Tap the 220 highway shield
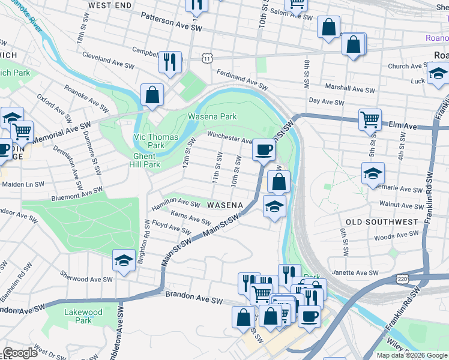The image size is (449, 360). tap(403, 279)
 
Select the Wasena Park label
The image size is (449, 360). tap(212, 116)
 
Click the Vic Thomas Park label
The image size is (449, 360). tap(155, 141)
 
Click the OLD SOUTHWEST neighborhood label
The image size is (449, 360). tap(382, 222)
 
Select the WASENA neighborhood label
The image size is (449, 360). tap(224, 205)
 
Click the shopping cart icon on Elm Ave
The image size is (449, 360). tap(370, 118)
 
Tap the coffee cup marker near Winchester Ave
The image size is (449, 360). tap(263, 150)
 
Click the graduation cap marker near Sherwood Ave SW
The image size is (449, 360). tap(124, 260)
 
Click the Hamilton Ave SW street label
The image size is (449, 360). tap(176, 204)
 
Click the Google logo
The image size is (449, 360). tap(20, 353)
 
